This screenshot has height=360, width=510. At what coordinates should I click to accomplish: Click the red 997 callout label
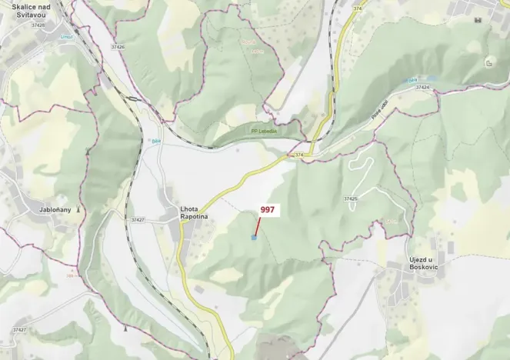267,209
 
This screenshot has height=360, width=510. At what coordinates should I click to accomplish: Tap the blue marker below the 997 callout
254,238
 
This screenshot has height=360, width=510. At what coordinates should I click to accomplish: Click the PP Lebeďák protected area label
265,131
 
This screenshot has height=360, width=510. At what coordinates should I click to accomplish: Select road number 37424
422,88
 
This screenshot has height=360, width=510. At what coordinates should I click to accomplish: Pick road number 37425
350,199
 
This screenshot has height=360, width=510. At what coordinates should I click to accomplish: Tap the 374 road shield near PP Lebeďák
298,156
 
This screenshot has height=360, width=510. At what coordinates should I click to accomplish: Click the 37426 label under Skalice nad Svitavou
38,25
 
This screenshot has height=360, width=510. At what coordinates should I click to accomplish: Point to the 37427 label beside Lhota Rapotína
138,220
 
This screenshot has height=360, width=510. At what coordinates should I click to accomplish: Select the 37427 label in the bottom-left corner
20,330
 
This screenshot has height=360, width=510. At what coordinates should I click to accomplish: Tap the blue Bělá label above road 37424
413,80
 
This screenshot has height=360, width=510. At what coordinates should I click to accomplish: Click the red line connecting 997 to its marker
258,224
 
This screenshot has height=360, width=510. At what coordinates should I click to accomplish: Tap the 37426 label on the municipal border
117,47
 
